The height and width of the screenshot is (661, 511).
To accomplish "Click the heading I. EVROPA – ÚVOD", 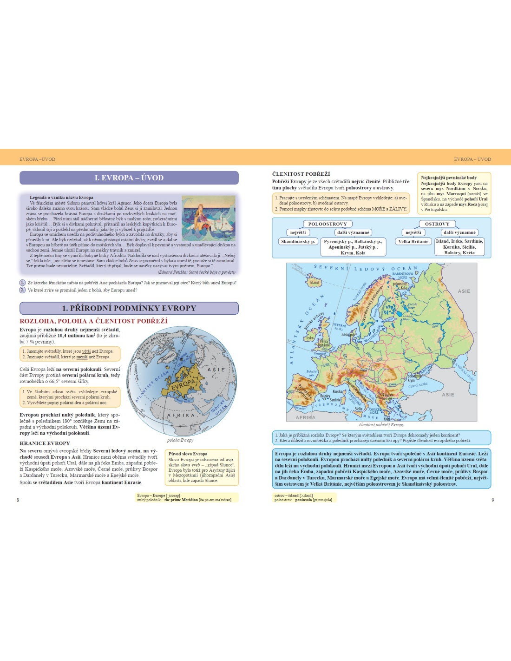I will (129, 178).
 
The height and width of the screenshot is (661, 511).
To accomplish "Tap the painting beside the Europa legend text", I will (209, 218).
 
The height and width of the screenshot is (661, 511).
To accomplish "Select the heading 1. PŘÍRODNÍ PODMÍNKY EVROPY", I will (129, 308).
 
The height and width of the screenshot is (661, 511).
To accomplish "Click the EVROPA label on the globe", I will (183, 385).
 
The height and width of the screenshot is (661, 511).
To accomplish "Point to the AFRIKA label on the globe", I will (181, 415).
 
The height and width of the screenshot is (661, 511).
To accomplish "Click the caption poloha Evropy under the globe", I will (180, 440).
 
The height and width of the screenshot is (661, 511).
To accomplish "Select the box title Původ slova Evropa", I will (188, 454).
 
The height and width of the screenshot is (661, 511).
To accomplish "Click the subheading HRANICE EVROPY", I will (45, 443).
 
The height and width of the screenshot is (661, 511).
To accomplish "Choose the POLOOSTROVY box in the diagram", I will (328, 224).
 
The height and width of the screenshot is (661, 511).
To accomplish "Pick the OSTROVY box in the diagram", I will (437, 224).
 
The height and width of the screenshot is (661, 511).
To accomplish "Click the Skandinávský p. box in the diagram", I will (298, 242).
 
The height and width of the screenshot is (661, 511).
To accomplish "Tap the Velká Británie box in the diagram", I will (413, 242).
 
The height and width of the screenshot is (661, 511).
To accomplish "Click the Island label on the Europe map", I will (314, 282).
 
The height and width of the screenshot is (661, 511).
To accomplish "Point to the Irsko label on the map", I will (309, 338).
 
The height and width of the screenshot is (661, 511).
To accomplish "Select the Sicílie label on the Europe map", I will (359, 409).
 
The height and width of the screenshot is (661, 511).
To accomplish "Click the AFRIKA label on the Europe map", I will (305, 417).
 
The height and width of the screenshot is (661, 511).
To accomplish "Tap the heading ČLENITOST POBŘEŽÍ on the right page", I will (301, 174).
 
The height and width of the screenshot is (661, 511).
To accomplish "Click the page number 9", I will (492, 500).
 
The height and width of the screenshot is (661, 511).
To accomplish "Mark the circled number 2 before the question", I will (22, 290).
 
